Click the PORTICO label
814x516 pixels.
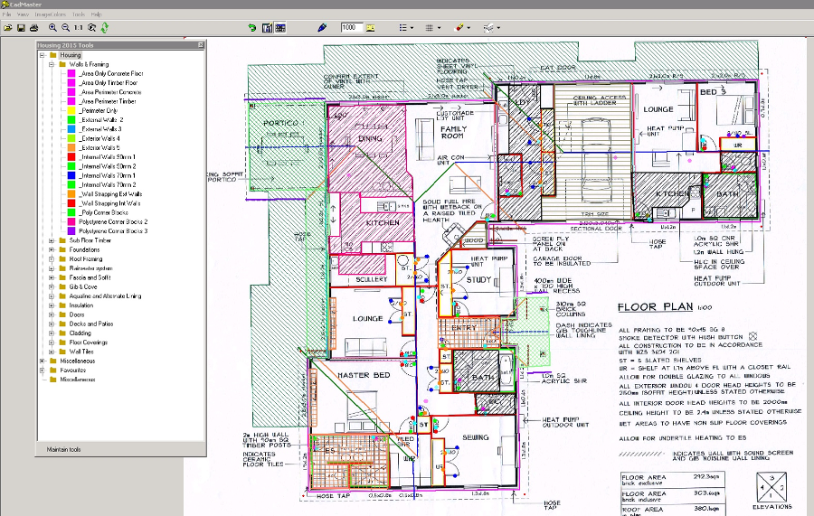click(x=280, y=122)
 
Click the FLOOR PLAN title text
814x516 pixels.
click(x=653, y=306)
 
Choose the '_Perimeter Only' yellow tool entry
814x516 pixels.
click(x=99, y=110)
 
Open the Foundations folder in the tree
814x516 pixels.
click(x=85, y=249)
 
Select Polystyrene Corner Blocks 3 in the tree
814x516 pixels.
click(x=113, y=231)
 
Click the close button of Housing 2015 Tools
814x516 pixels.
click(x=200, y=45)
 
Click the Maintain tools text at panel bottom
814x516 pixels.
click(x=64, y=449)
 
